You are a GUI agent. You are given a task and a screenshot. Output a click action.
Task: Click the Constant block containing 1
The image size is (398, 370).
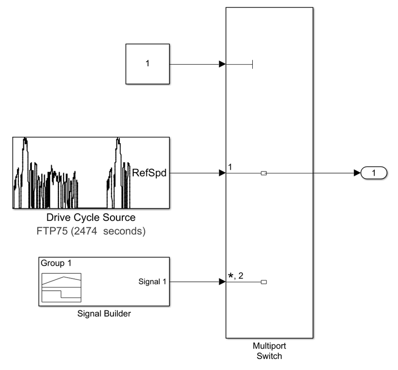point(147,64)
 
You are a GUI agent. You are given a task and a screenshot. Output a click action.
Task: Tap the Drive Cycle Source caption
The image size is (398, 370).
point(91,218)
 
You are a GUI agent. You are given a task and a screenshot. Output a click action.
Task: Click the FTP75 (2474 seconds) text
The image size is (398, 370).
point(91,231)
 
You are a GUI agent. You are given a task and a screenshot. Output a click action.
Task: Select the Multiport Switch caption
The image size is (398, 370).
point(269,351)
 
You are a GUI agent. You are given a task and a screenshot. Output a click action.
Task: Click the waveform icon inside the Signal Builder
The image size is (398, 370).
point(61,287)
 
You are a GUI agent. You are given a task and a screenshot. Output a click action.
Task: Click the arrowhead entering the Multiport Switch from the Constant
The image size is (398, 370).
point(222,64)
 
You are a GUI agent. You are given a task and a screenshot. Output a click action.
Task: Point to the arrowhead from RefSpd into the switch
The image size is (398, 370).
point(222,173)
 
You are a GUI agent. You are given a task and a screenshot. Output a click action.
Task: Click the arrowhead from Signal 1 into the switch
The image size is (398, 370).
point(222,282)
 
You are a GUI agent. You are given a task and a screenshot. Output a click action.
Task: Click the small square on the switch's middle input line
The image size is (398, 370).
point(264,173)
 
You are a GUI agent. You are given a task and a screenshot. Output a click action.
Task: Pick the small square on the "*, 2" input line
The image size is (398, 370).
point(264,282)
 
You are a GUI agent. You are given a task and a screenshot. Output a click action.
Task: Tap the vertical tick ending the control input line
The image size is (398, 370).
point(253,64)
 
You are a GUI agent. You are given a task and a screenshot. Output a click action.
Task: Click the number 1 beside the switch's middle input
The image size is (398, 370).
point(230,167)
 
